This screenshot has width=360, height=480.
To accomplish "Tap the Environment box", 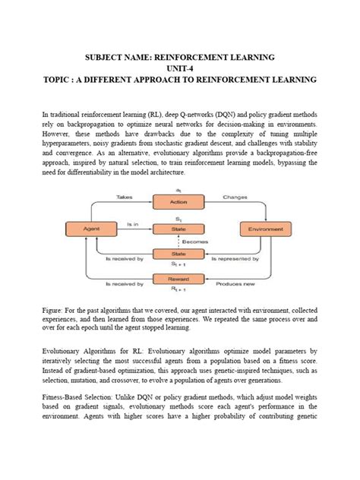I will [265, 228].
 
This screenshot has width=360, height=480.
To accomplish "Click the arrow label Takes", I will [124, 196].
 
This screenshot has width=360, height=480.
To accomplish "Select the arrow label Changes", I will [235, 196].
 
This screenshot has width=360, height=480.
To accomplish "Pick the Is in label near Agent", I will [132, 224].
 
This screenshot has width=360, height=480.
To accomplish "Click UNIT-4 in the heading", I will [179, 68].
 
